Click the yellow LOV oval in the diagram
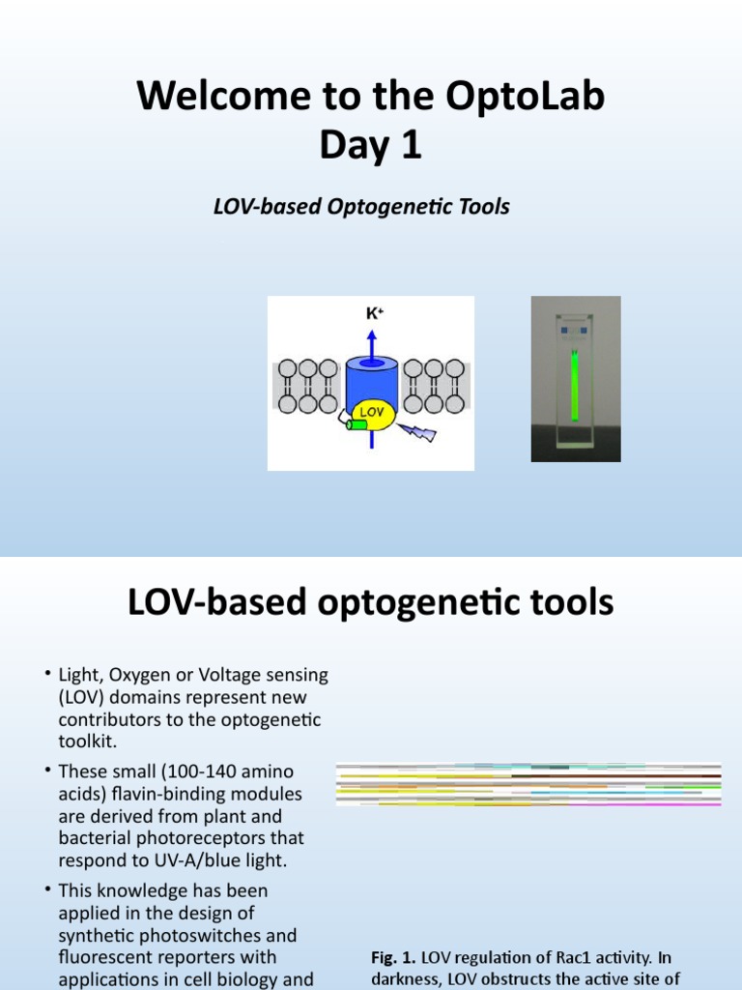coord(371,413)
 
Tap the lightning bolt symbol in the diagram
coord(419,432)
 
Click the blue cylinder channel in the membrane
coord(371,377)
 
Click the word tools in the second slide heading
coord(571,603)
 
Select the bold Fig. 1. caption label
coord(394,957)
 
